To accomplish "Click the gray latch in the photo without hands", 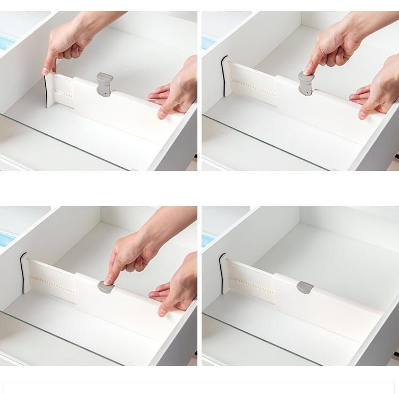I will pyautogui.click(x=305, y=288).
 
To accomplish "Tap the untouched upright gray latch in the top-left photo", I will pyautogui.click(x=105, y=84).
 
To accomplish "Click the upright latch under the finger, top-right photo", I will pyautogui.click(x=306, y=84).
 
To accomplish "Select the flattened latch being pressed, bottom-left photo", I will pyautogui.click(x=105, y=287).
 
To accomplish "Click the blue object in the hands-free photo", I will pyautogui.click(x=208, y=240).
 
